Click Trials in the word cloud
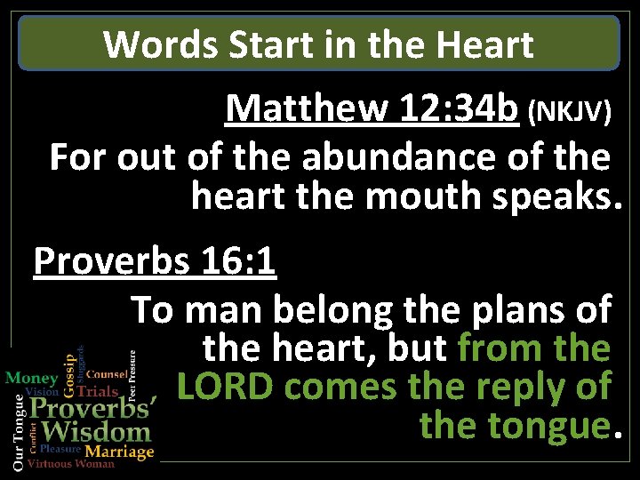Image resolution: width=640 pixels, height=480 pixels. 98,390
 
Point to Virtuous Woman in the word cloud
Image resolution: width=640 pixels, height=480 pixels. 71,464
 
